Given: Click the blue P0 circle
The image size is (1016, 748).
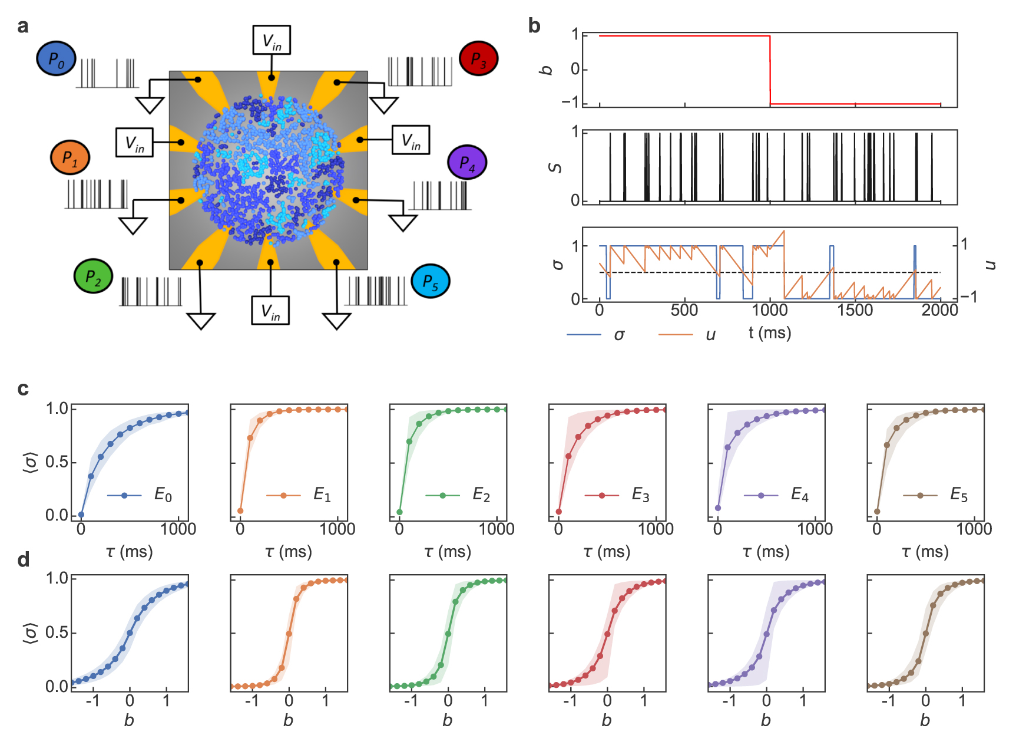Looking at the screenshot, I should click(56, 58).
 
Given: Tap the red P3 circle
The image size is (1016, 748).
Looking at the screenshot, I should click(478, 58).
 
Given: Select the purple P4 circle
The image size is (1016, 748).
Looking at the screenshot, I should click(466, 162).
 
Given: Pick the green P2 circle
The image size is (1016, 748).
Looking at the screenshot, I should click(93, 276).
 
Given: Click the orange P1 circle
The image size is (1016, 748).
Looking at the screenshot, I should click(70, 157).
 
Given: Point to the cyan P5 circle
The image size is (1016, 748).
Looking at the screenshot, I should click(431, 281).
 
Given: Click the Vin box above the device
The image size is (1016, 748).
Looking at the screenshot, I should click(272, 40).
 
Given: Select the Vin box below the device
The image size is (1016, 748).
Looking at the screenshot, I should click(270, 311).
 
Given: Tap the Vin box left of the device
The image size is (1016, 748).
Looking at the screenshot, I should click(135, 143).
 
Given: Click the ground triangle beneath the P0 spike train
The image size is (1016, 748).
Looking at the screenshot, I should click(150, 105).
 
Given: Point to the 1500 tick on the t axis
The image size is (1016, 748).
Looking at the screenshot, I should click(855, 311).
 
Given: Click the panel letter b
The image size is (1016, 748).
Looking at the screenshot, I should click(534, 26).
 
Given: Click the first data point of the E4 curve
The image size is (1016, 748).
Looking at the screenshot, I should click(717, 508).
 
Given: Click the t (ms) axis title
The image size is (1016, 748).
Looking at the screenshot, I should click(769, 333).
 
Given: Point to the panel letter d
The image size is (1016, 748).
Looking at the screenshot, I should click(24, 559).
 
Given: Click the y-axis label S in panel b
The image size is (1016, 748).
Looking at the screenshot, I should click(555, 168).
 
